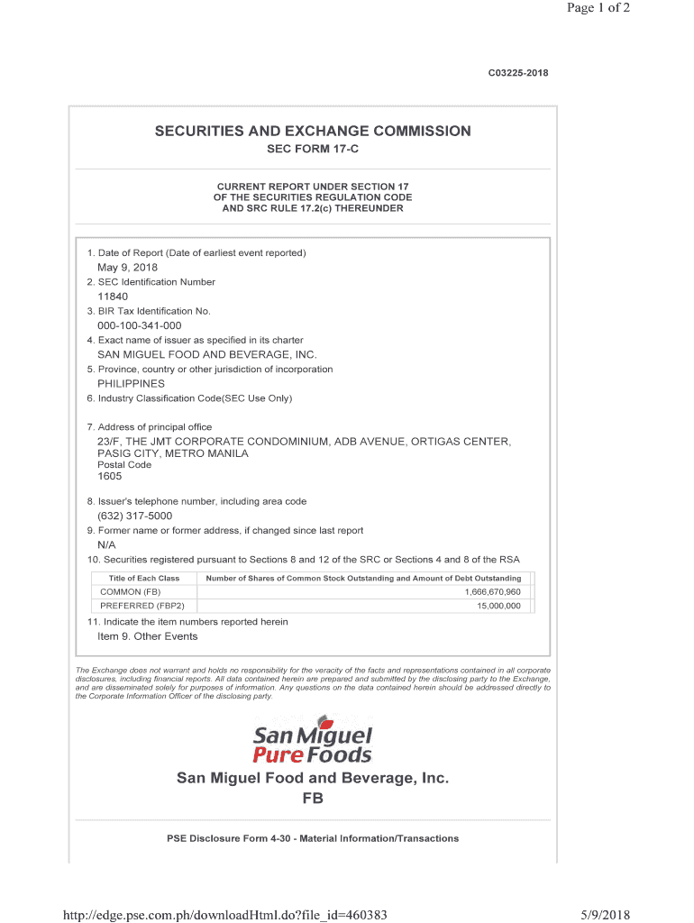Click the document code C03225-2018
pyautogui.click(x=512, y=72)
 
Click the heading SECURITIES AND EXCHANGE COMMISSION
pyautogui.click(x=313, y=132)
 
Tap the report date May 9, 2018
pyautogui.click(x=127, y=268)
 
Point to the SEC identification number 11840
pyautogui.click(x=113, y=297)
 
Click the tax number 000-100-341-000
pyautogui.click(x=139, y=325)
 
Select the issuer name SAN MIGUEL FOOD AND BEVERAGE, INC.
pyautogui.click(x=207, y=355)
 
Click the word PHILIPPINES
pyautogui.click(x=131, y=384)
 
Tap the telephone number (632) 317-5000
pyautogui.click(x=134, y=516)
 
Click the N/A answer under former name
pyautogui.click(x=106, y=545)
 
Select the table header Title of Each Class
pyautogui.click(x=144, y=578)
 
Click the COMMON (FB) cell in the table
pyautogui.click(x=131, y=592)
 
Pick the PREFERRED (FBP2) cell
pyautogui.click(x=142, y=606)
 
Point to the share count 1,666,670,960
pyautogui.click(x=493, y=592)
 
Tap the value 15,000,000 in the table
pyautogui.click(x=499, y=606)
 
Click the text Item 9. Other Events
pyautogui.click(x=147, y=636)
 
